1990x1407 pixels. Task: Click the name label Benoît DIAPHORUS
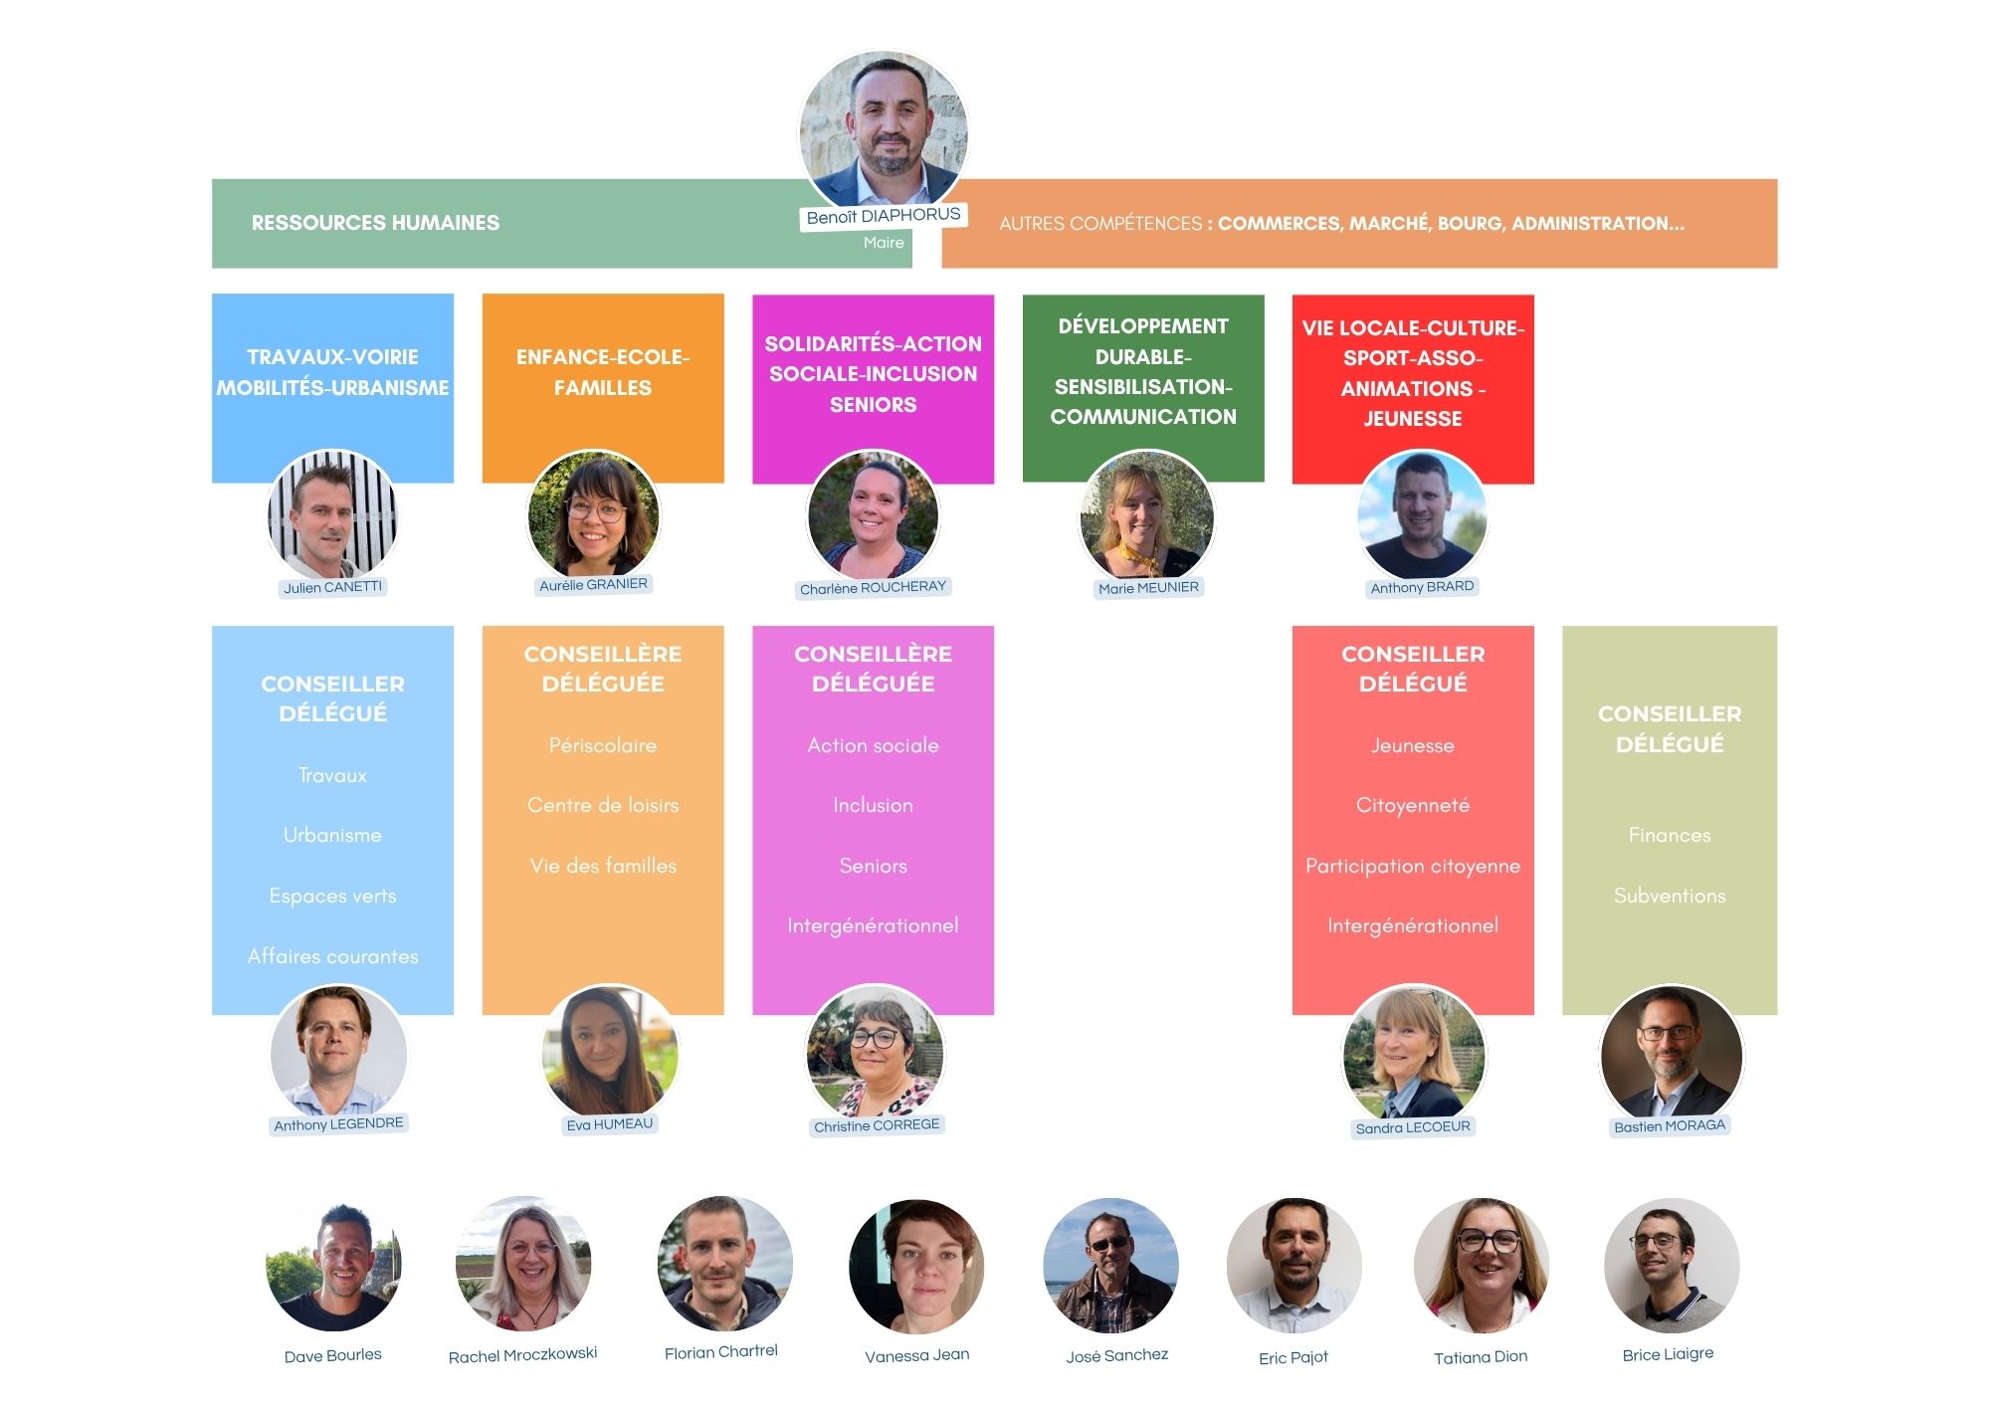coord(883,216)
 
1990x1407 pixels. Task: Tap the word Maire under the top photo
coord(884,243)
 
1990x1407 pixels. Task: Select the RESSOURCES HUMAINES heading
coord(375,223)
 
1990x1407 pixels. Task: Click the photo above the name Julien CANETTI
coord(332,515)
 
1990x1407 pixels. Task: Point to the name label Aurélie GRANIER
coord(593,585)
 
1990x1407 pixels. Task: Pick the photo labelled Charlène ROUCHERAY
coord(873,515)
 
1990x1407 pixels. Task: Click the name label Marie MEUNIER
coord(1148,588)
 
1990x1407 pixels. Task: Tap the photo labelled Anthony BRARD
coord(1421,515)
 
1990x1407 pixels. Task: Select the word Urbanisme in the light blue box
coord(332,835)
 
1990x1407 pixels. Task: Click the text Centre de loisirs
coord(603,805)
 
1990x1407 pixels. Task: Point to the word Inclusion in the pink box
coord(873,805)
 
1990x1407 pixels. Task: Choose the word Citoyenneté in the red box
coord(1412,805)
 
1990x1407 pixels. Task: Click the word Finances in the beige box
coord(1669,835)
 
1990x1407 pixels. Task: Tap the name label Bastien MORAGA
coord(1669,1126)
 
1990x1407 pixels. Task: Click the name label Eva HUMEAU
coord(609,1124)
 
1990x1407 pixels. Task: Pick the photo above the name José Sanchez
coord(1110,1266)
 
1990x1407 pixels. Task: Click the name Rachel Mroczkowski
coord(522,1354)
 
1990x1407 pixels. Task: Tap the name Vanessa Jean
coord(916,1355)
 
